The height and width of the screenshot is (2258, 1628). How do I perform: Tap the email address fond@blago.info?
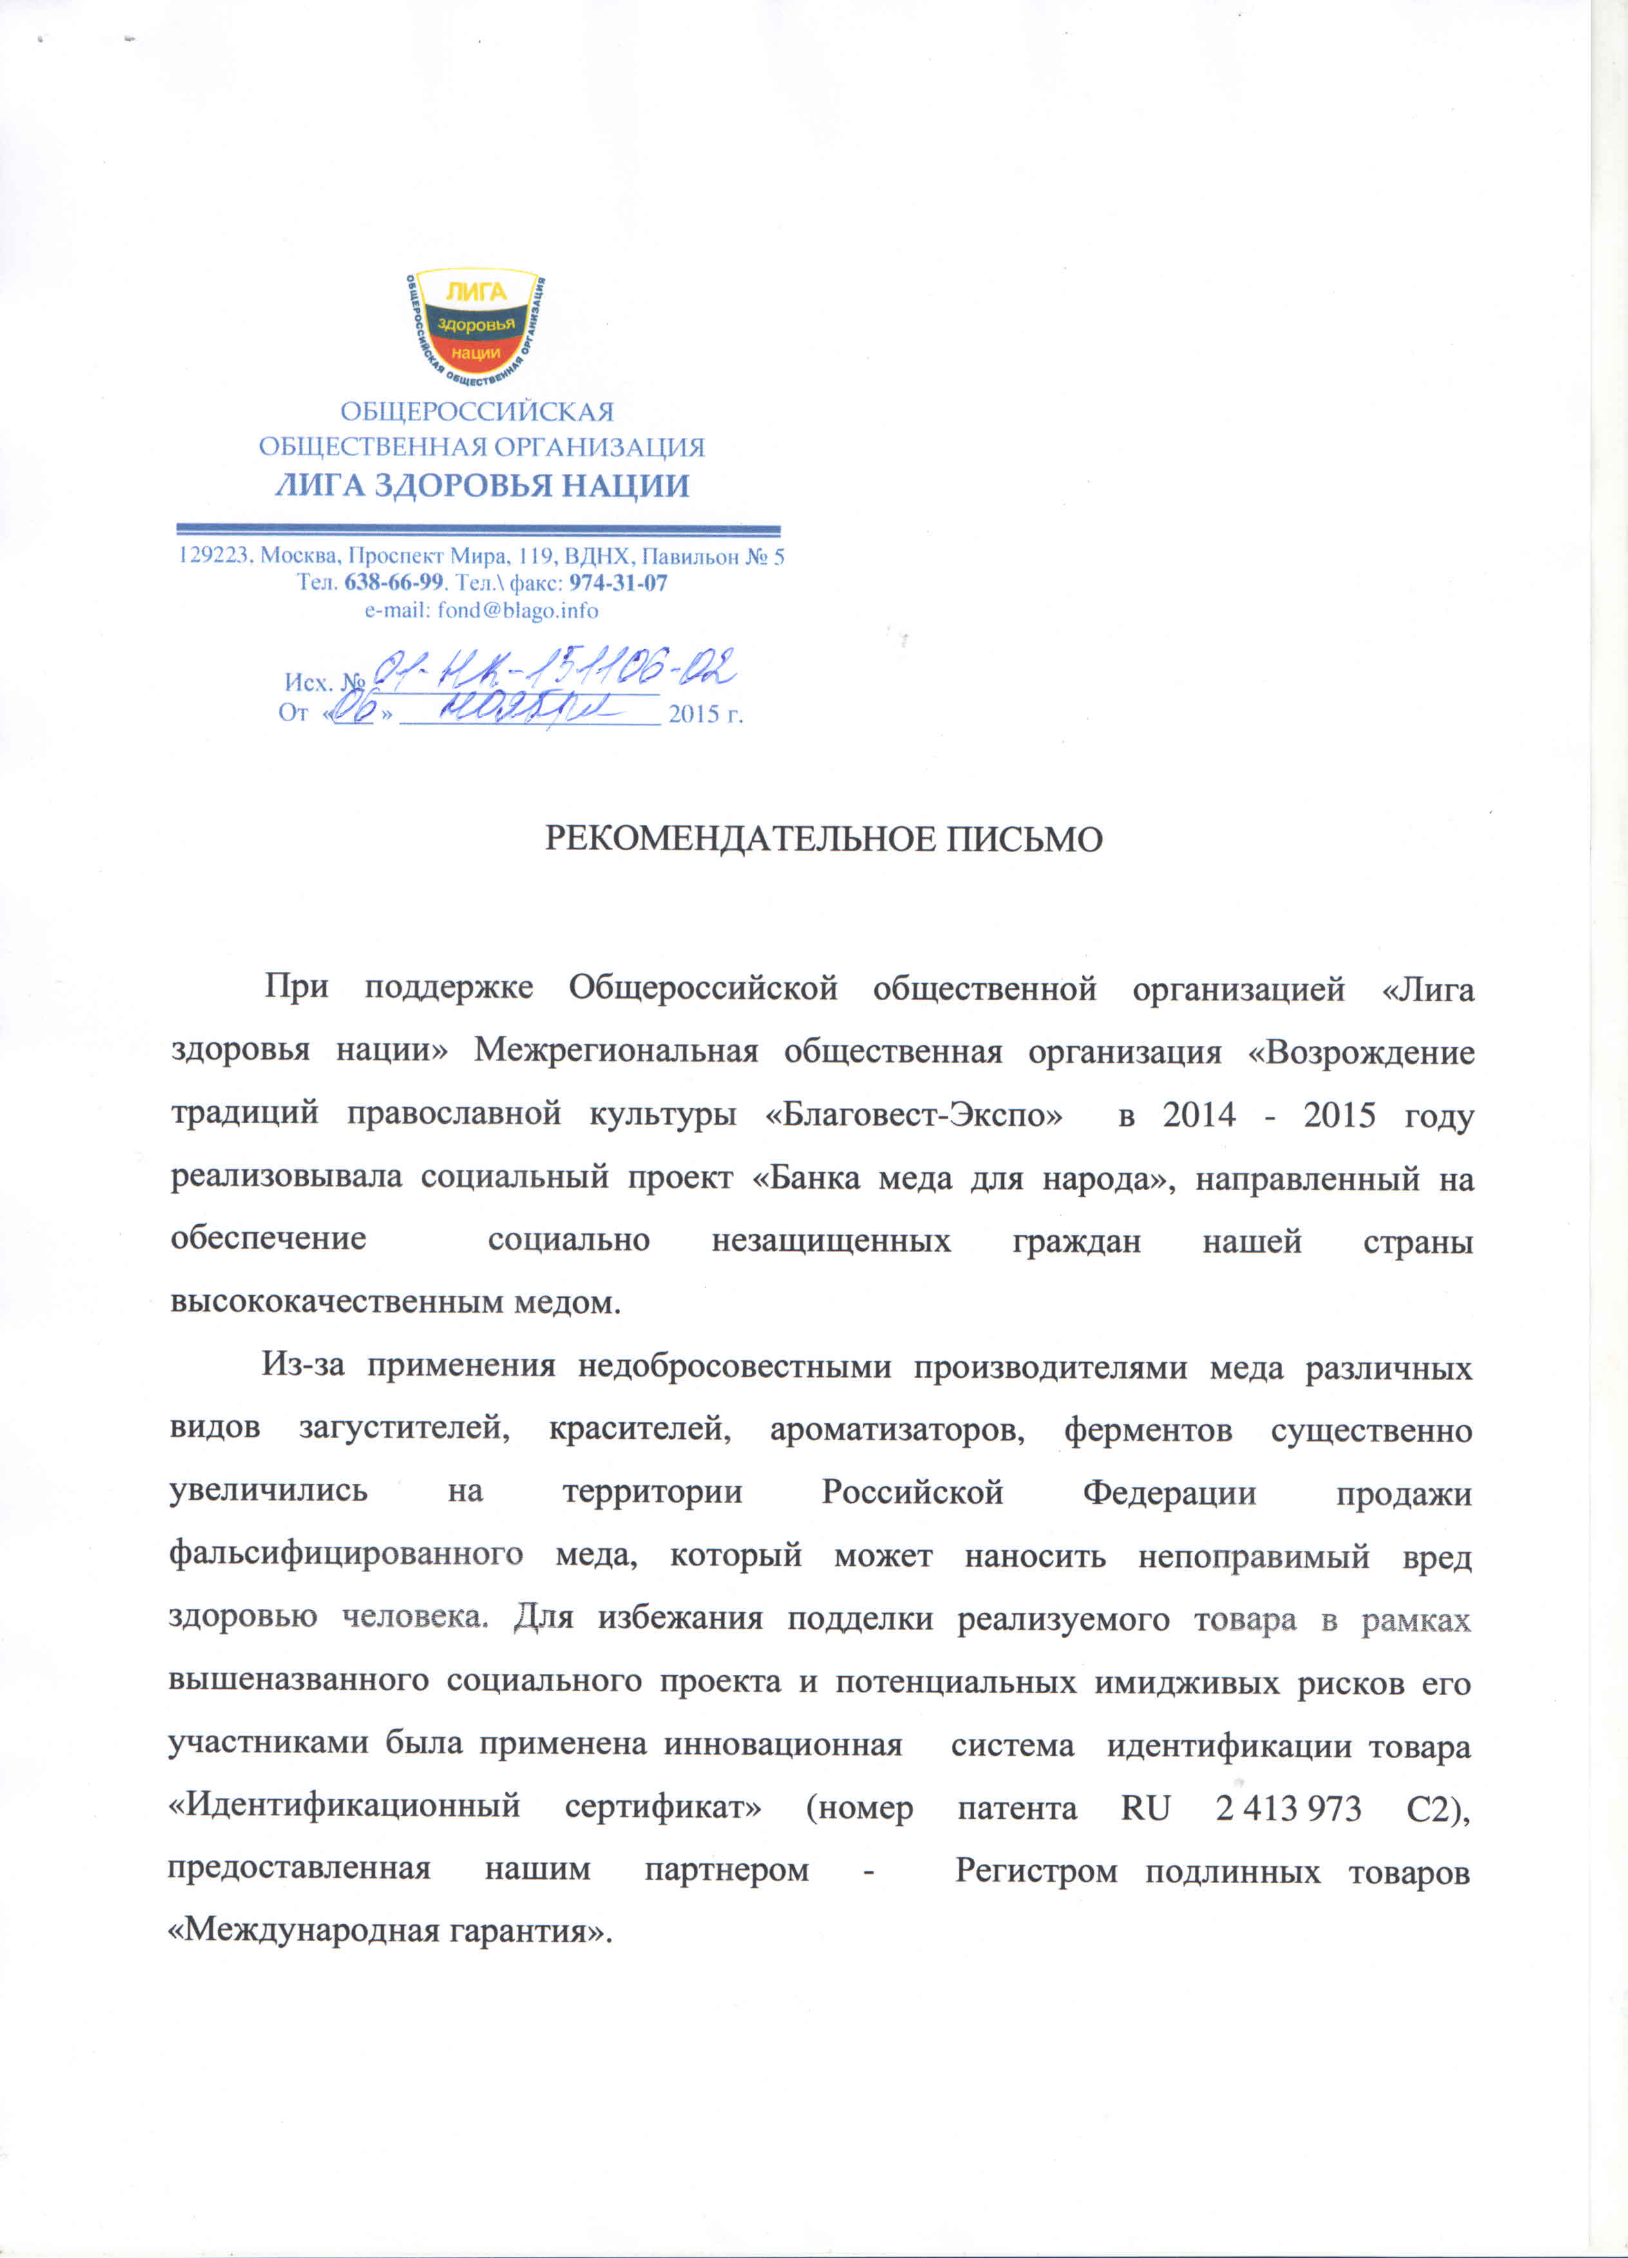pos(518,611)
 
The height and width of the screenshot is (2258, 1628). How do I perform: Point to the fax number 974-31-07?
pos(618,582)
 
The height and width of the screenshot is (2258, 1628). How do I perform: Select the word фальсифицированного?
pos(346,1556)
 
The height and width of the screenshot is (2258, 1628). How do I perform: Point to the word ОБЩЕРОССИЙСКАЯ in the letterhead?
pos(478,411)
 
